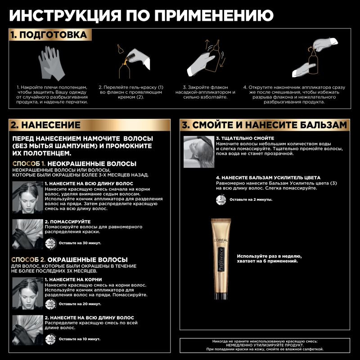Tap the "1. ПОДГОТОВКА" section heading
(x=49, y=35)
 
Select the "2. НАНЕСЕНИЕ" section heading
(x=46, y=125)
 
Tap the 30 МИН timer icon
(x=51, y=243)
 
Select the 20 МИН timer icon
(x=51, y=304)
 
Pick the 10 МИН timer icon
(x=51, y=338)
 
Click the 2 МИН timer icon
(x=221, y=199)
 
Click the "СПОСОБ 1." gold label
(x=28, y=164)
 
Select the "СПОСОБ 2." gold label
(x=28, y=260)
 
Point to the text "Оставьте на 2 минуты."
(x=251, y=199)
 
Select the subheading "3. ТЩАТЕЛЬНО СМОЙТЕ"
(x=245, y=138)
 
